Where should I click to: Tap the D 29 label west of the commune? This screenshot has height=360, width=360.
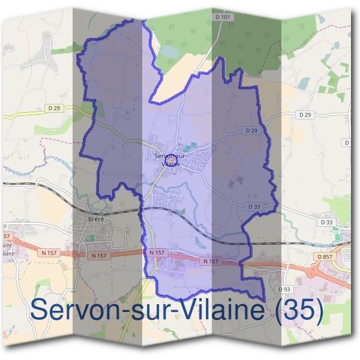point(53,108)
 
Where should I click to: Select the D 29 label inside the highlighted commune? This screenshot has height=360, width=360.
point(251,130)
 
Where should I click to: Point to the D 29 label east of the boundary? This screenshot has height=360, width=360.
point(305,114)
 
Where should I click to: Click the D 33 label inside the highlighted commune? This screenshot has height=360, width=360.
point(253,206)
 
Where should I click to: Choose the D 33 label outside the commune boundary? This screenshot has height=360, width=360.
point(326,222)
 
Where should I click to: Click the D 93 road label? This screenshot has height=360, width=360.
point(284,289)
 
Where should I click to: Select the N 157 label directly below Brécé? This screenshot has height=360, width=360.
point(99,256)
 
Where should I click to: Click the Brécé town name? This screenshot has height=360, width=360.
point(96,219)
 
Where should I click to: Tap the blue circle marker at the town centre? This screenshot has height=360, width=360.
point(170,160)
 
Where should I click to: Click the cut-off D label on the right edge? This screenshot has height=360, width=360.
point(347,142)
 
